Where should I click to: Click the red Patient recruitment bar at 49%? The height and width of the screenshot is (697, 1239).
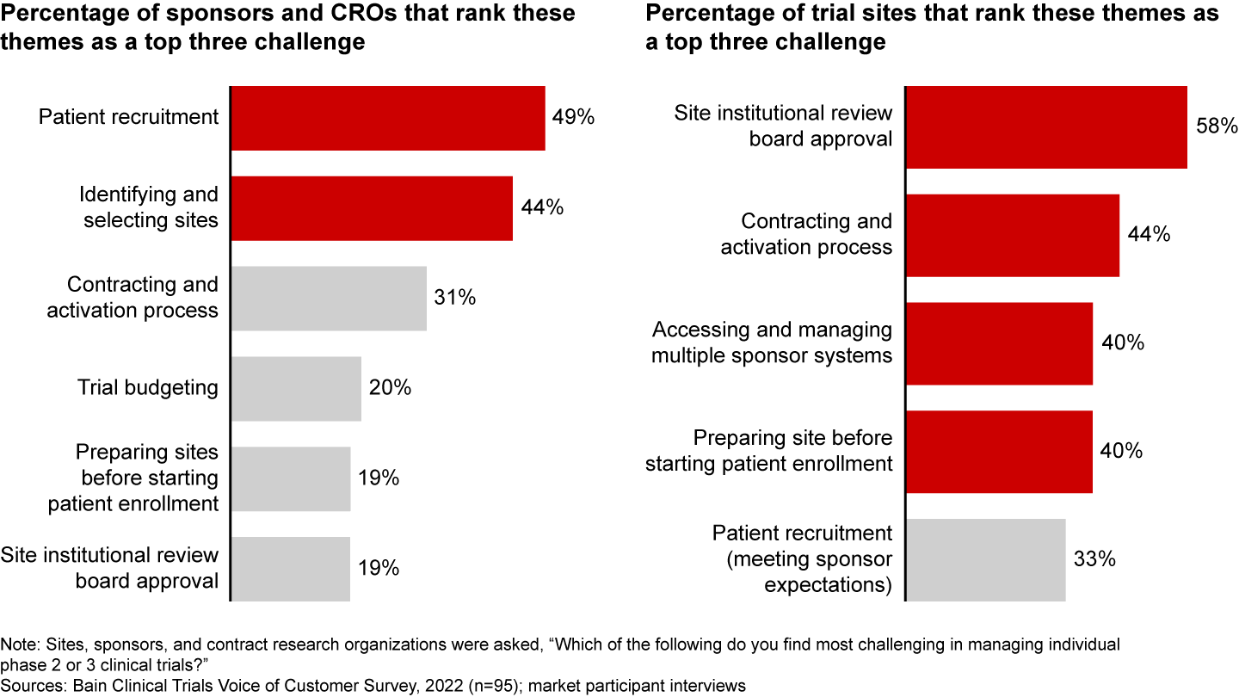(387, 118)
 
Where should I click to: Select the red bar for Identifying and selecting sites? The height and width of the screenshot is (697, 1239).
(371, 208)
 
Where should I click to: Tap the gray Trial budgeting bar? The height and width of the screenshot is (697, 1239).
(296, 388)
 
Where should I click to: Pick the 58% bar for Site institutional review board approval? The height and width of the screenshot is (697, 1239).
(1046, 127)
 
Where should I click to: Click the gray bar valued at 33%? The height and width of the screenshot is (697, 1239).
(985, 559)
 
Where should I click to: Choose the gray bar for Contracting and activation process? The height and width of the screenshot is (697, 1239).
(328, 298)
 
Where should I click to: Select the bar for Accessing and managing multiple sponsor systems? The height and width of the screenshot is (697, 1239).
(999, 343)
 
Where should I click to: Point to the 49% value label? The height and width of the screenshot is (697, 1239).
(574, 118)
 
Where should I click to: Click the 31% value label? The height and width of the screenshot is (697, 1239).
(455, 298)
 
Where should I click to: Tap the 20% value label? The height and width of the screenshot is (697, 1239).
(391, 388)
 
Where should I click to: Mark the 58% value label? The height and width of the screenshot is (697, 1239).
(1217, 126)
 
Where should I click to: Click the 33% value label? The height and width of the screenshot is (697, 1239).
(1094, 559)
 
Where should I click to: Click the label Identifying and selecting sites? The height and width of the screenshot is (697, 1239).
(150, 207)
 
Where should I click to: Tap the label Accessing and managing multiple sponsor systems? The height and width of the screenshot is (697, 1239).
(772, 342)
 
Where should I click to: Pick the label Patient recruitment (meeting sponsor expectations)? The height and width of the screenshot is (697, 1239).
(802, 559)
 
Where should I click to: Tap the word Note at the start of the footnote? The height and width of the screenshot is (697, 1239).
(16, 645)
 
